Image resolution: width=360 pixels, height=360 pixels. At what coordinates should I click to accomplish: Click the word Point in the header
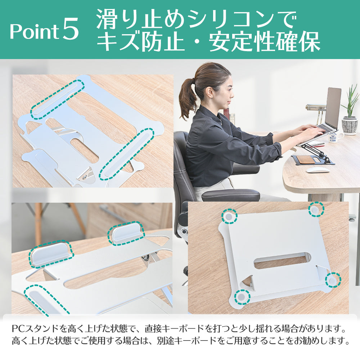[33, 31]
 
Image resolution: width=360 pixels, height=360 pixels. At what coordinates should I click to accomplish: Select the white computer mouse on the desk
[318, 170]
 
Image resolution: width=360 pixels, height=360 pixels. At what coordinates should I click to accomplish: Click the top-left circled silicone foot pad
[229, 216]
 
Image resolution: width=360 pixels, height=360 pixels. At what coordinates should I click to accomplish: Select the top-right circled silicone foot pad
[316, 209]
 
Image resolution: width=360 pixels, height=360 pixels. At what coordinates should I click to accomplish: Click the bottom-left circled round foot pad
[242, 297]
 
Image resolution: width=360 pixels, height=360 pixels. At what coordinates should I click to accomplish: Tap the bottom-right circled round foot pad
[333, 280]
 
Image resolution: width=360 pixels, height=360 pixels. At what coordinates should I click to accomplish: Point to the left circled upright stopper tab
[51, 254]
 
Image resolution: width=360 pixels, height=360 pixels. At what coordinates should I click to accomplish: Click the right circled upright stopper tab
[126, 233]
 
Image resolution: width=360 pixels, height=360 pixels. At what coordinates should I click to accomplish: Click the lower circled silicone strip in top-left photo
[126, 154]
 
